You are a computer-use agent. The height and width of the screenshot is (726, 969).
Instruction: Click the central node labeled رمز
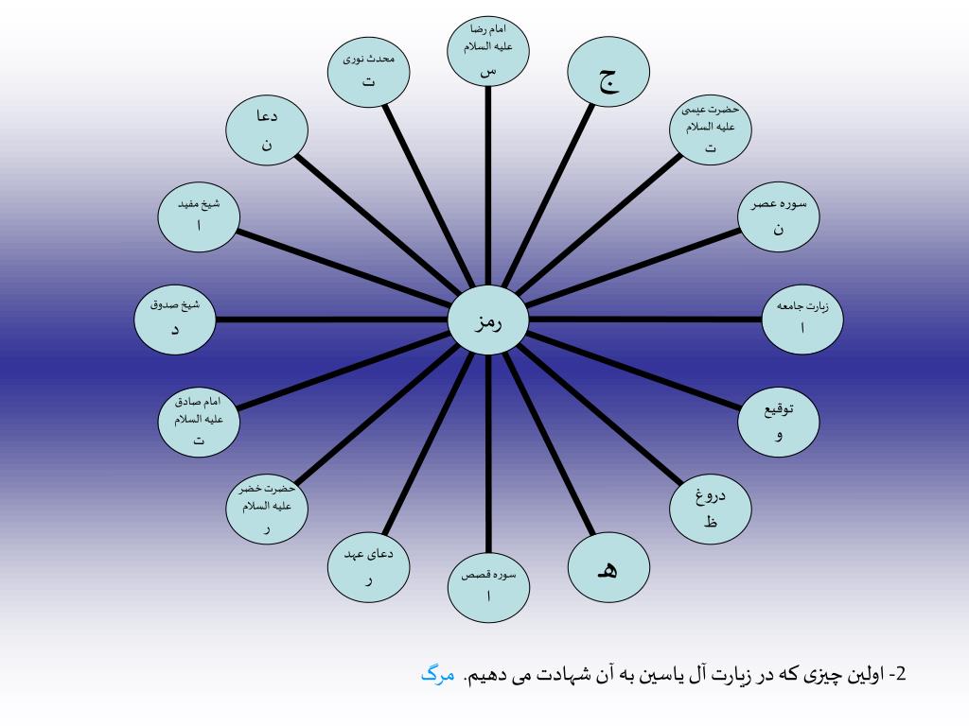pyautogui.click(x=488, y=320)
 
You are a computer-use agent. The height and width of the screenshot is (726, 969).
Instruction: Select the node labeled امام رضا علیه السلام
pyautogui.click(x=488, y=52)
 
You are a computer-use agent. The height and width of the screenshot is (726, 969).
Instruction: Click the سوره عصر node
pyautogui.click(x=778, y=218)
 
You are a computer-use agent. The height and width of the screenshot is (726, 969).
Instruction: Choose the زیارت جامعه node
pyautogui.click(x=802, y=319)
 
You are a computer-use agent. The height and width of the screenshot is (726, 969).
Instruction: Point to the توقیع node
pyautogui.click(x=779, y=422)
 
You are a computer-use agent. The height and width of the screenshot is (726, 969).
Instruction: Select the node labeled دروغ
pyautogui.click(x=711, y=510)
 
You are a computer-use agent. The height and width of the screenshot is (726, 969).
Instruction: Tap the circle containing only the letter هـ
pyautogui.click(x=608, y=568)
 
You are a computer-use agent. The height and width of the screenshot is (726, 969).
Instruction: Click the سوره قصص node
pyautogui.click(x=488, y=586)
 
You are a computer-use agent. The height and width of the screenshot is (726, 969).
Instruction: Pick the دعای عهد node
pyautogui.click(x=369, y=568)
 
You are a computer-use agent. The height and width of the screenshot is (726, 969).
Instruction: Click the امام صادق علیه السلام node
pyautogui.click(x=199, y=422)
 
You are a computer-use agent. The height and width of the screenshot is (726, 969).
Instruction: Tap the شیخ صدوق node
pyautogui.click(x=174, y=319)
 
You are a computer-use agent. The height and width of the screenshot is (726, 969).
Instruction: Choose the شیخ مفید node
pyautogui.click(x=199, y=217)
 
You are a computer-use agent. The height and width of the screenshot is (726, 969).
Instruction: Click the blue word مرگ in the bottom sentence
pyautogui.click(x=437, y=675)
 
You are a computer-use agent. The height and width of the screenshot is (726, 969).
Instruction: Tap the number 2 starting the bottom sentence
pyautogui.click(x=900, y=675)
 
